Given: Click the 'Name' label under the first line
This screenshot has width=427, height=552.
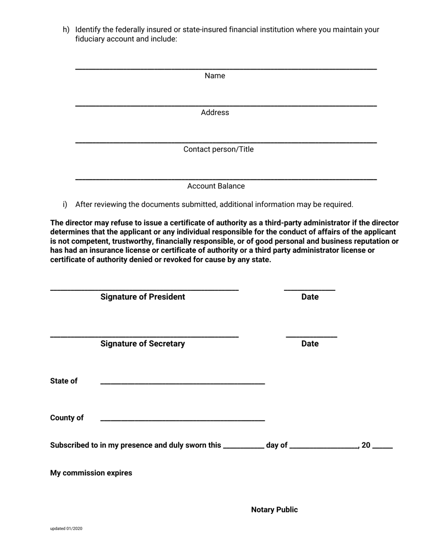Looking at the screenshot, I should (215, 76).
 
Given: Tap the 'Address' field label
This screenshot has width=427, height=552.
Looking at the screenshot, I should (215, 113).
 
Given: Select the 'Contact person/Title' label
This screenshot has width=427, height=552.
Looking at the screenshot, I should (218, 149).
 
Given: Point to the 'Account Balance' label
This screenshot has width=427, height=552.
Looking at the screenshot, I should (216, 186).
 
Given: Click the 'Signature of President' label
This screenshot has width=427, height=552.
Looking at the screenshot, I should (142, 297).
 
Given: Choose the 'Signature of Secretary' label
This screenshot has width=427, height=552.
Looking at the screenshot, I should (142, 344).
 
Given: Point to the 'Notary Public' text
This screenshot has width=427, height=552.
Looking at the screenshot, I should (274, 510).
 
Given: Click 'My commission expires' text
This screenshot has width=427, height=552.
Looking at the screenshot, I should (91, 473).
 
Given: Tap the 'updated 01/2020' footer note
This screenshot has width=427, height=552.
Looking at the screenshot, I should (66, 529).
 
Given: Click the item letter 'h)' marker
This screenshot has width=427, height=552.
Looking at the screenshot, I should (66, 30).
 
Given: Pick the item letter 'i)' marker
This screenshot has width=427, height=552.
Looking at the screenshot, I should (65, 205).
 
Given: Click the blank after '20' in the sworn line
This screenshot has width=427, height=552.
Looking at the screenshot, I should (383, 448).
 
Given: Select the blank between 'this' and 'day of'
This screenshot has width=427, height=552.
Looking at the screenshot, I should (243, 448).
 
